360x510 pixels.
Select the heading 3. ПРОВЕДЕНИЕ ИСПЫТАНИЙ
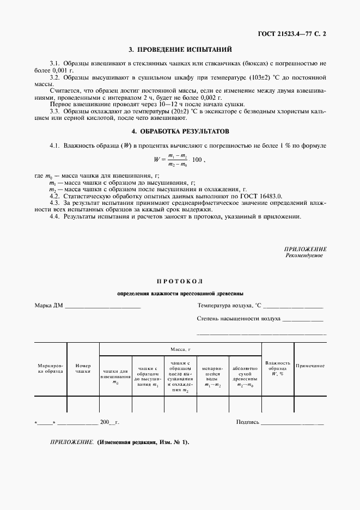[180, 50]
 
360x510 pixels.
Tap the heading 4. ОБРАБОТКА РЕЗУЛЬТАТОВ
[180, 131]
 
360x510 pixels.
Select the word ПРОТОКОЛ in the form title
[180, 281]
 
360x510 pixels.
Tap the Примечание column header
[310, 366]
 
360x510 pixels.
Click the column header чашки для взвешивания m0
[115, 377]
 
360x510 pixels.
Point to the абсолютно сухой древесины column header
[245, 377]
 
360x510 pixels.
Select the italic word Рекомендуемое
[304, 256]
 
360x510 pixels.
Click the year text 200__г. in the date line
[109, 422]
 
